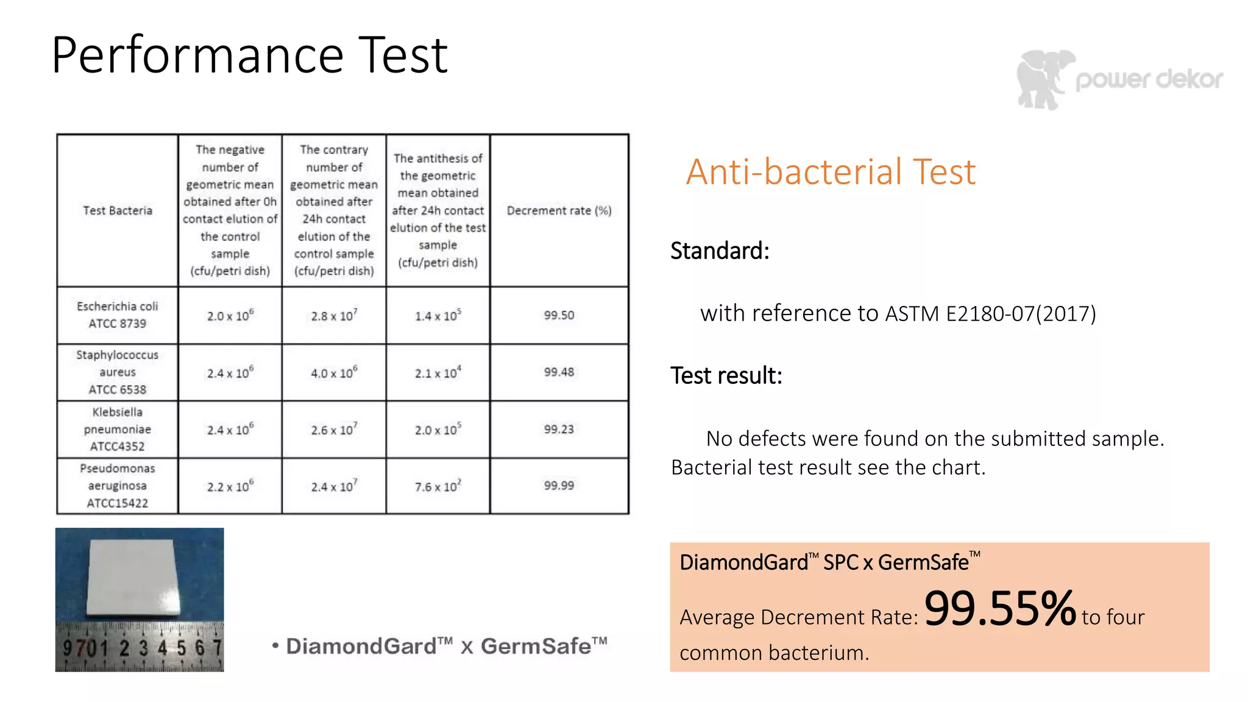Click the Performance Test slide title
tap(250, 56)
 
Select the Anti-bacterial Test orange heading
tap(830, 172)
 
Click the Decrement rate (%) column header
tap(559, 211)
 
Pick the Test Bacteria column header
tap(118, 211)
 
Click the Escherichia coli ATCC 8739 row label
tap(118, 315)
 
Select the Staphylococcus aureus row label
tap(118, 372)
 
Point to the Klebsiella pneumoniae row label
tap(118, 429)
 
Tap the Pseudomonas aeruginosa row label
tap(118, 486)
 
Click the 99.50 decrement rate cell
tap(559, 315)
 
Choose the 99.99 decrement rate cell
tap(559, 486)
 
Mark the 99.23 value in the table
tap(559, 429)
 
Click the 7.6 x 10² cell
tap(438, 486)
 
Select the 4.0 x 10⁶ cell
tap(334, 372)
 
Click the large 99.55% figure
tap(999, 609)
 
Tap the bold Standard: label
tap(720, 250)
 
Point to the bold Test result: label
tap(726, 375)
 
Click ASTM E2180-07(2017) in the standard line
tap(990, 313)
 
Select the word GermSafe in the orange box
tap(923, 562)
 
